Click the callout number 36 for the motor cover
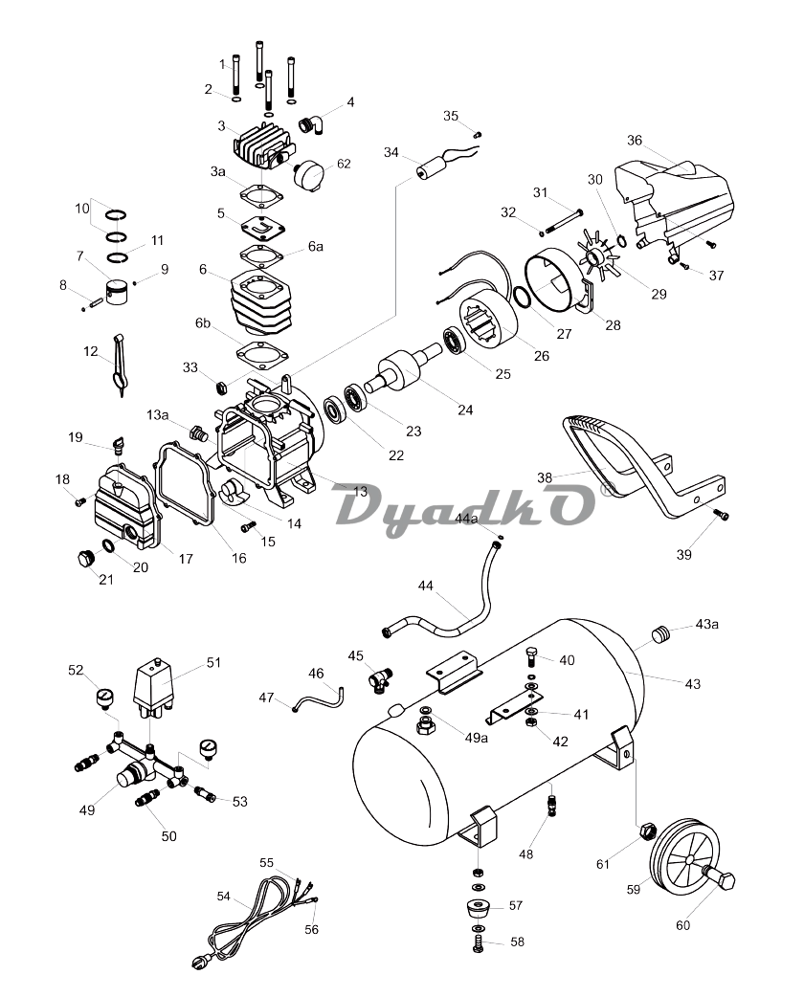tap(635, 140)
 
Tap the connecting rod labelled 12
tap(118, 362)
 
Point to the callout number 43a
tap(707, 625)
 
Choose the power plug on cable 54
tap(200, 963)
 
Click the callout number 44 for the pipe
tap(425, 585)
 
